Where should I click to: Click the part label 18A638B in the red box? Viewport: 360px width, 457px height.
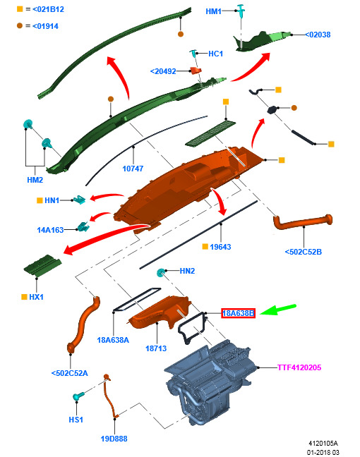[238, 313]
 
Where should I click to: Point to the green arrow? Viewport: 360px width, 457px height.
[277, 309]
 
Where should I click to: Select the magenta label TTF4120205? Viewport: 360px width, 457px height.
[299, 367]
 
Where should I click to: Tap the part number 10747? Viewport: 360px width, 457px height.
[133, 169]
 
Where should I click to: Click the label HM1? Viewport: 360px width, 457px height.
[213, 11]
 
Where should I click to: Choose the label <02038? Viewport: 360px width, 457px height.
[318, 35]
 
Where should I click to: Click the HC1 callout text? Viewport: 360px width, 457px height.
[215, 54]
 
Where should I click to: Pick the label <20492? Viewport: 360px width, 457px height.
[163, 71]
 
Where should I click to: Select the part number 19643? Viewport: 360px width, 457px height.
[220, 247]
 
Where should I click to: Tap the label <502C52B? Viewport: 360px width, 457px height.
[303, 252]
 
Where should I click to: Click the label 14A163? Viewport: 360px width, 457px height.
[50, 230]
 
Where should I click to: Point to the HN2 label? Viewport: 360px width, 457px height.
[187, 271]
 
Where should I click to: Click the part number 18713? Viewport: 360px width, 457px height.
[156, 348]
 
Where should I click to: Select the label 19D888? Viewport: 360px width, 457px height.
[114, 439]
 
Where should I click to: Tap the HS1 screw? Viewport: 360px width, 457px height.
[78, 396]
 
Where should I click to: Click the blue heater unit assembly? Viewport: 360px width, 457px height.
[209, 382]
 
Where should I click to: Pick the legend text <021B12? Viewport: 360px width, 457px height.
[48, 9]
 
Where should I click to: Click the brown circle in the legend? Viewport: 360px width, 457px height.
[20, 25]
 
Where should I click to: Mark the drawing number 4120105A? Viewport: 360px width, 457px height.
[323, 444]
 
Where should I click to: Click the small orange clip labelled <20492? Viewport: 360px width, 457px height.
[196, 71]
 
